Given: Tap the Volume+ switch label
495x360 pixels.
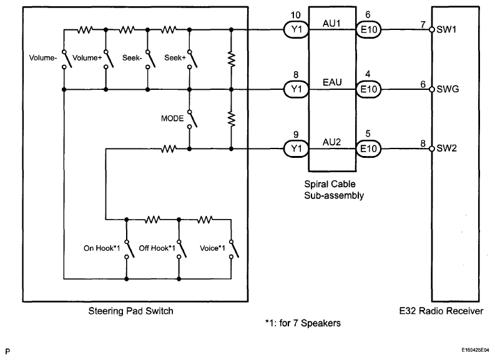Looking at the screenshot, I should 86,58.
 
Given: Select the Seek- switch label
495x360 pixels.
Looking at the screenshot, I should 130,58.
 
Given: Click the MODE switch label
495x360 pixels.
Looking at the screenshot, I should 172,118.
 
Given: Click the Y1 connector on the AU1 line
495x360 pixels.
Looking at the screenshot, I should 296,29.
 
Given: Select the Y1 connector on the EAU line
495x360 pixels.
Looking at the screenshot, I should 296,89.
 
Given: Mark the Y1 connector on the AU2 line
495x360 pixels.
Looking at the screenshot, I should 296,149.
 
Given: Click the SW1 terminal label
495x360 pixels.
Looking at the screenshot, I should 447,29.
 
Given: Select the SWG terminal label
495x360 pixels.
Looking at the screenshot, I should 448,89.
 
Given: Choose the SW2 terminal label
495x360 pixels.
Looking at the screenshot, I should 447,149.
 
